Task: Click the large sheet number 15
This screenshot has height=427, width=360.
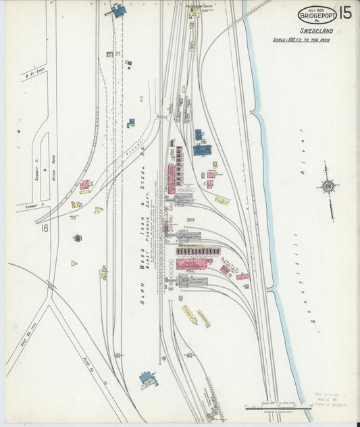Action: (344, 12)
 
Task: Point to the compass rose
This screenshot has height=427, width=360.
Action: (328, 185)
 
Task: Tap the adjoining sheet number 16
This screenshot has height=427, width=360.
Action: (45, 228)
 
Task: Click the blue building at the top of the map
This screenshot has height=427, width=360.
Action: (118, 10)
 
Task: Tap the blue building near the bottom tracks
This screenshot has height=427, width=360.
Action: (148, 379)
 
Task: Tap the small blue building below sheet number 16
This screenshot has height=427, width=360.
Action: (78, 238)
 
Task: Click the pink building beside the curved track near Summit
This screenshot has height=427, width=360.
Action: (85, 184)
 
